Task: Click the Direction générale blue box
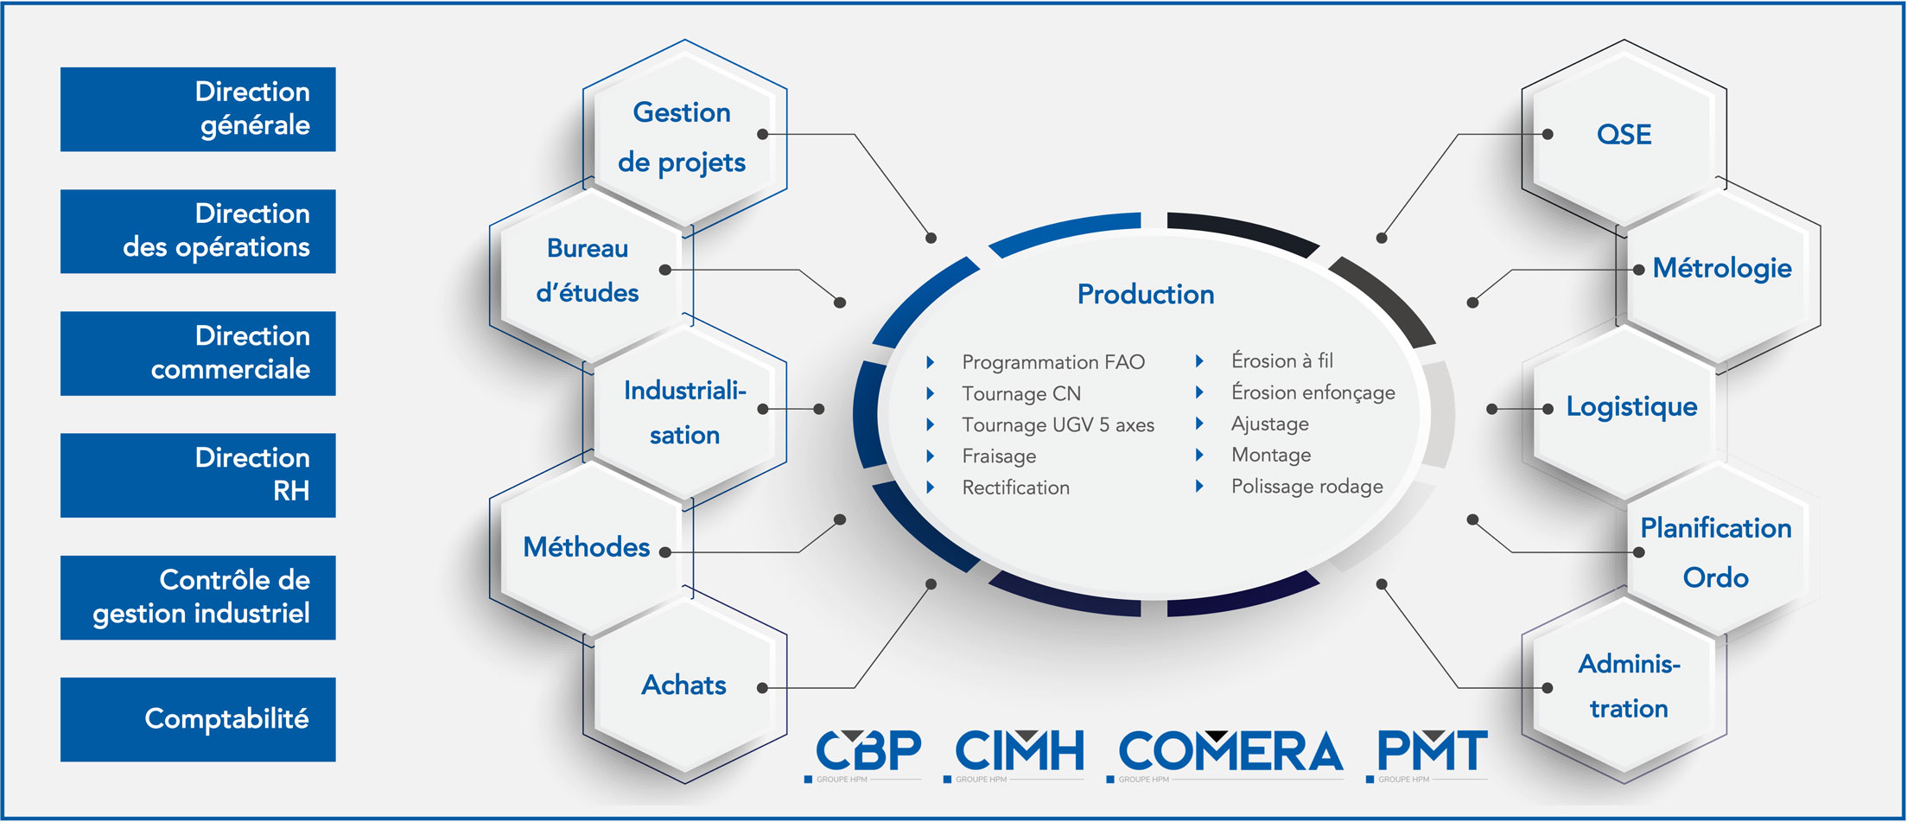198,109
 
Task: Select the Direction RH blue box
198,475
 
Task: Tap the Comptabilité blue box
198,719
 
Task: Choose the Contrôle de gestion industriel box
198,597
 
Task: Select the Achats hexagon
684,685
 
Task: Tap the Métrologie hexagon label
1722,268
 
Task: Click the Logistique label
1631,406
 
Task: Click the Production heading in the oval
1146,294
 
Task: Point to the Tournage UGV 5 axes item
1058,424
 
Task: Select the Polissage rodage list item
1306,487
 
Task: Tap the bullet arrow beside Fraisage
931,456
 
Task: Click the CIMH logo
1016,754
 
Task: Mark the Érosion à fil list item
1282,360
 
